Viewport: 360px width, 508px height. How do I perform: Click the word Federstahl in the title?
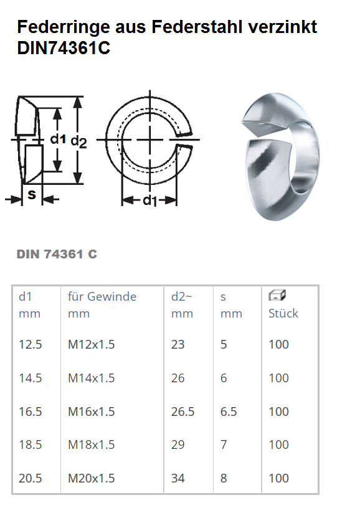coord(197,27)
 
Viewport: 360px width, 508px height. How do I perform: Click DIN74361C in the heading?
coord(64,48)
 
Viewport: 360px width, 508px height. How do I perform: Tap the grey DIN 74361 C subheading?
coord(57,255)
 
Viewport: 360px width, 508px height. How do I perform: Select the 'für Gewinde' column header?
coord(102,296)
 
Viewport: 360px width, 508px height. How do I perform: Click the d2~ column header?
coord(182,296)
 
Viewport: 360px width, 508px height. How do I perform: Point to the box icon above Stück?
coord(277,295)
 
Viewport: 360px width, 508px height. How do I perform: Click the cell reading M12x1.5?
coord(92,344)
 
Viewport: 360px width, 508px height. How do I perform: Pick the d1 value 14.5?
coord(31,378)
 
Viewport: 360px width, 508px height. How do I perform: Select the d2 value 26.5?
coord(182,412)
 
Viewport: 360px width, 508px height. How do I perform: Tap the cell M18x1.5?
coord(92,445)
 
